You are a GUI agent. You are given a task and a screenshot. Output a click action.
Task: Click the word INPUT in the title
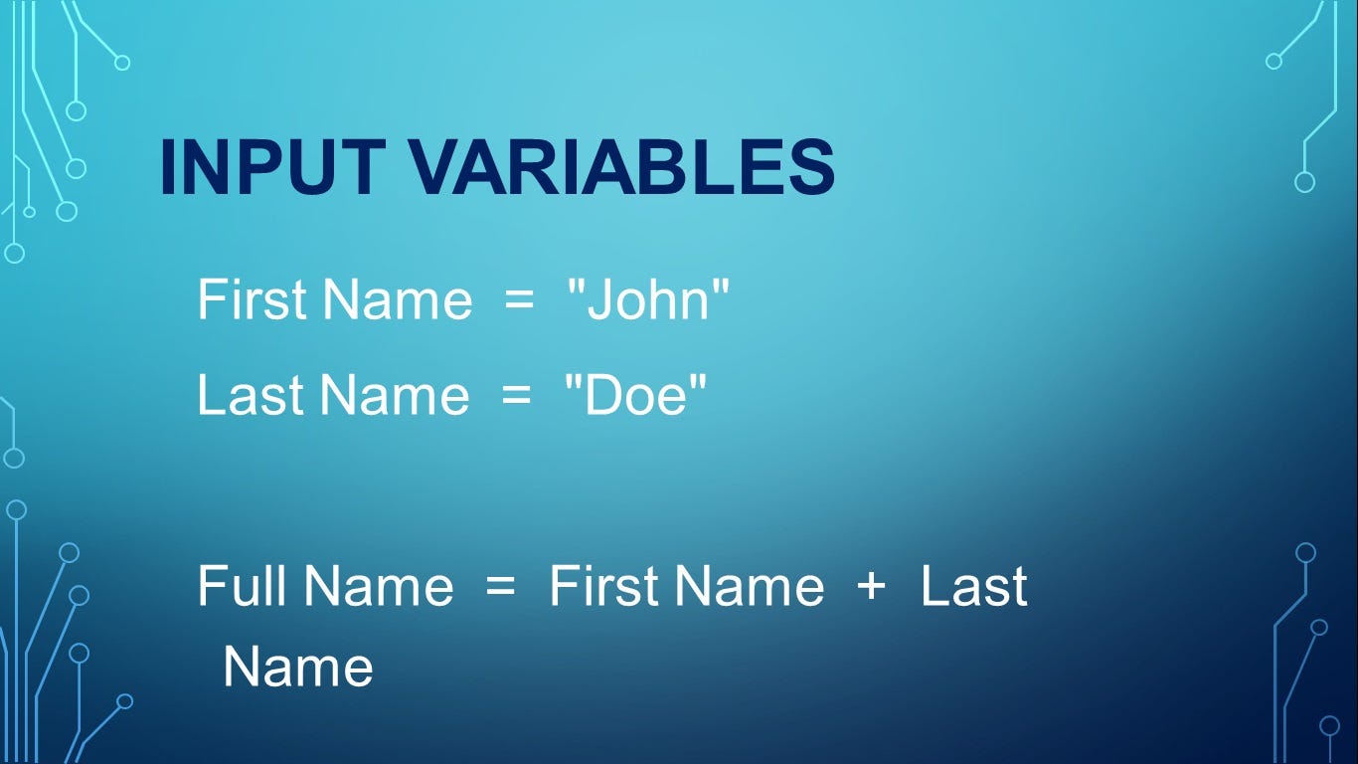point(273,167)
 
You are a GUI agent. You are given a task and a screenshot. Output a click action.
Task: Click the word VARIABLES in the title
point(623,167)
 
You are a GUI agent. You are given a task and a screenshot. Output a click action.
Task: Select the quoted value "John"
point(648,298)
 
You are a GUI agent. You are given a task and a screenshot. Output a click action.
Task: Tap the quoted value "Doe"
point(635,395)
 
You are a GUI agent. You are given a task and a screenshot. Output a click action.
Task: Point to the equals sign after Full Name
point(501,586)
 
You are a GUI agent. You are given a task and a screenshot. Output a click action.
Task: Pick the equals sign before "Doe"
point(517,395)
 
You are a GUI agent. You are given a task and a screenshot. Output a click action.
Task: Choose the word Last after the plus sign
point(974,585)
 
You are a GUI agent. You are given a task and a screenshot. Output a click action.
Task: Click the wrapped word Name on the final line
point(298,667)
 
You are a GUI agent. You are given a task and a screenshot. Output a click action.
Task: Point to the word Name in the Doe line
point(395,395)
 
